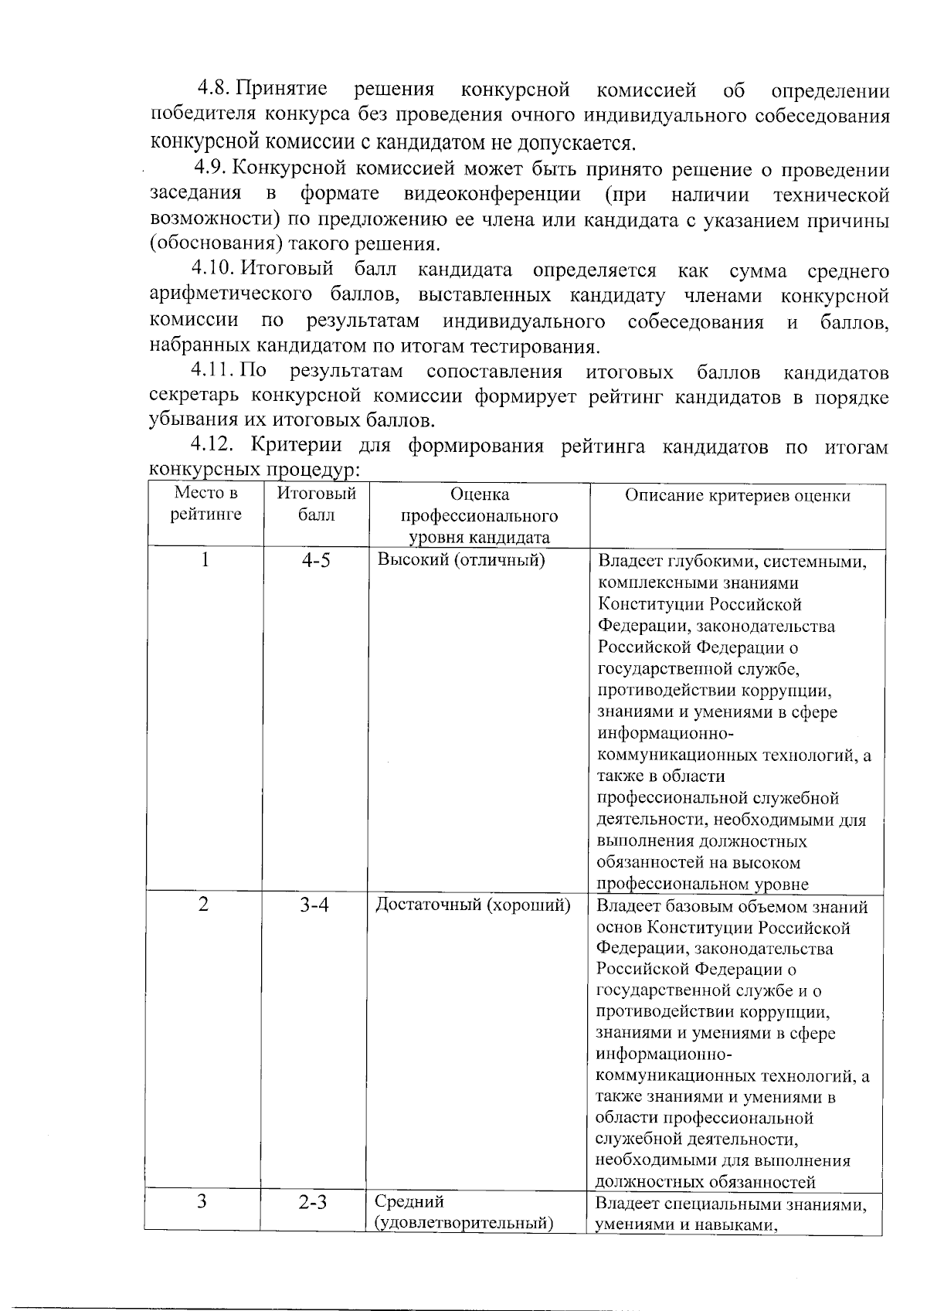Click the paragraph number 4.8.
(214, 90)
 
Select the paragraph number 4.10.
(214, 270)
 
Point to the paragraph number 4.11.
(214, 371)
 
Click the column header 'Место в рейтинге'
(205, 504)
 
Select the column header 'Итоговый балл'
(316, 504)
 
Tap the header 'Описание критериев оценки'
(737, 496)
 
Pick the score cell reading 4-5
(315, 560)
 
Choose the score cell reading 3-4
(314, 905)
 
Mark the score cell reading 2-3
(314, 1203)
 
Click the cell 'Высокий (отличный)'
(461, 560)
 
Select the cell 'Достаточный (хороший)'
(473, 905)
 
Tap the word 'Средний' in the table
(409, 1202)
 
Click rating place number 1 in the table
(204, 560)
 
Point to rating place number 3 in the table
(202, 1202)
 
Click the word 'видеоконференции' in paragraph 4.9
(492, 193)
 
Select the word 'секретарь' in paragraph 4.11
(194, 396)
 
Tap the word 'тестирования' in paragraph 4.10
(542, 346)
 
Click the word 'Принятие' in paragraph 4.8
(286, 90)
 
